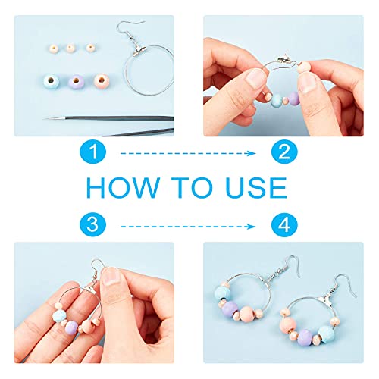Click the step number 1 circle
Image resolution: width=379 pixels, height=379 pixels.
pyautogui.click(x=92, y=152)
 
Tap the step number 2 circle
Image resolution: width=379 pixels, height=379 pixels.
pyautogui.click(x=284, y=152)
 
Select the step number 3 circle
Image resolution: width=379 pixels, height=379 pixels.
pyautogui.click(x=92, y=224)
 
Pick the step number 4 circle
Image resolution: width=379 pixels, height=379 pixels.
pyautogui.click(x=284, y=224)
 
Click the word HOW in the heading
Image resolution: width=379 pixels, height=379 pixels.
pyautogui.click(x=123, y=187)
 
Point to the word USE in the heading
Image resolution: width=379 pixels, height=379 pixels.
pyautogui.click(x=256, y=187)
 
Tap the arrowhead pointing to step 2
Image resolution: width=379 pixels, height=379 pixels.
pyautogui.click(x=252, y=153)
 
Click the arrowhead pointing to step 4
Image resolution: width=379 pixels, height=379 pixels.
pyautogui.click(x=252, y=227)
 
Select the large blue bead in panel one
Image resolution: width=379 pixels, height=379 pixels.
pyautogui.click(x=51, y=81)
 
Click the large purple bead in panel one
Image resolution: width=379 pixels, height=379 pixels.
pyautogui.click(x=76, y=81)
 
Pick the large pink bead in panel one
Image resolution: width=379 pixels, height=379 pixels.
pyautogui.click(x=102, y=80)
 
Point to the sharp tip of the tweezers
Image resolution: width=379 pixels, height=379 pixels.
pyautogui.click(x=45, y=118)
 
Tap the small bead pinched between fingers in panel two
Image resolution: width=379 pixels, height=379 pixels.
pyautogui.click(x=304, y=67)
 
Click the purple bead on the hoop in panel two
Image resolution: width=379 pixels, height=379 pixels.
pyautogui.click(x=294, y=99)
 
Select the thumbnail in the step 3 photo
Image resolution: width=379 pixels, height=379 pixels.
pyautogui.click(x=111, y=276)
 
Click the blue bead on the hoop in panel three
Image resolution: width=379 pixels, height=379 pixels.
pyautogui.click(x=59, y=315)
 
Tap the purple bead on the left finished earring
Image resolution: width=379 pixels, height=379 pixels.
pyautogui.click(x=230, y=309)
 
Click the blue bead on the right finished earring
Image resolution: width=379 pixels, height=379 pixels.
pyautogui.click(x=327, y=334)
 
